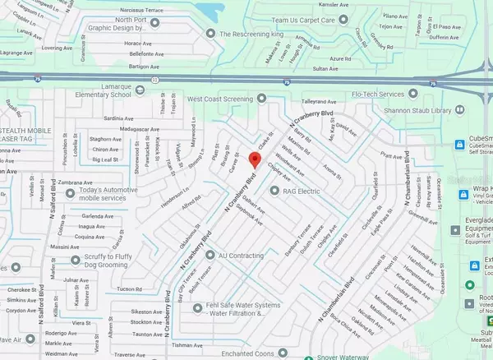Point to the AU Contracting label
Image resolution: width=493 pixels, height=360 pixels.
click(246, 256)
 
